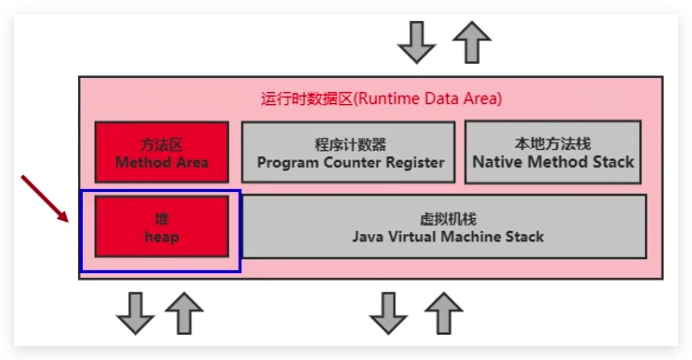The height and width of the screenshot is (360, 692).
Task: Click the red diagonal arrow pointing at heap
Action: pos(45,199)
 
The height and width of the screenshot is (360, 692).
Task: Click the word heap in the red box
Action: pos(162,237)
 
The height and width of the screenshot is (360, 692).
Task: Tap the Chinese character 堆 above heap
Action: pos(162,219)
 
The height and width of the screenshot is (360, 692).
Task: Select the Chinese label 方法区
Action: pos(162,145)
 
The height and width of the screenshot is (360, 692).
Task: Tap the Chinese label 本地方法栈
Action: pos(553,144)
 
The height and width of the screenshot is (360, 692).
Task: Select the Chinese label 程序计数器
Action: pos(350,145)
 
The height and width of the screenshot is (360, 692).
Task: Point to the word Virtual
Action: pos(412,237)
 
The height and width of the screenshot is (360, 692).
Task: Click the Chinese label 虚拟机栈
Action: pos(448,219)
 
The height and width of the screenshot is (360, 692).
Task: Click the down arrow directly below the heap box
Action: pos(136,313)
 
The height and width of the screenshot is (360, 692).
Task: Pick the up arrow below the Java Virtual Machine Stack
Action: pos(444,313)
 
